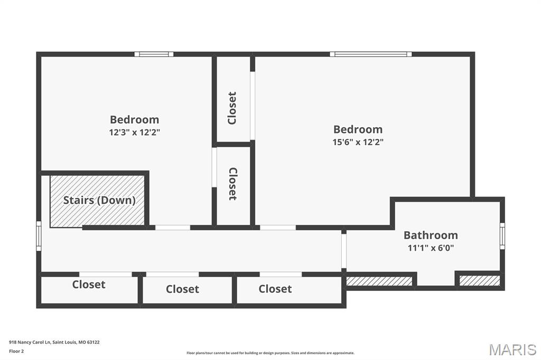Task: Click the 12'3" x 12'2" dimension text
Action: point(134,132)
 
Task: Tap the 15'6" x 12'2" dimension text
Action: point(358,141)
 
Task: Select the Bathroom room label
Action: point(431,235)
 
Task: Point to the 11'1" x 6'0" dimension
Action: point(431,247)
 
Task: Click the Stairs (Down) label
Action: point(99,200)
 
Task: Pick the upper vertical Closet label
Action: point(232,108)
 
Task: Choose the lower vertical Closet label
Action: point(232,184)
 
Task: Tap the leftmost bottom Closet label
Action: point(89,285)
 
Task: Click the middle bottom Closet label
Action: point(182,289)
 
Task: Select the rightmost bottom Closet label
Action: point(275,289)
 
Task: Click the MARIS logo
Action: point(512,349)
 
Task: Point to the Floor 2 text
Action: point(16,351)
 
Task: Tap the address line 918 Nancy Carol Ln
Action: point(54,342)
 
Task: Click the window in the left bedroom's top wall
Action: point(154,54)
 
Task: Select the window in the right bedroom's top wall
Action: point(371,54)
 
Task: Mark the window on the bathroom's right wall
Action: point(502,236)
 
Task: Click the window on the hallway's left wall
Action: point(39,236)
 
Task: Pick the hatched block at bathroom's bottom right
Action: point(479,281)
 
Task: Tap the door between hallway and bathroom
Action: point(344,251)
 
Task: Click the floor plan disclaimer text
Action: point(270,353)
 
